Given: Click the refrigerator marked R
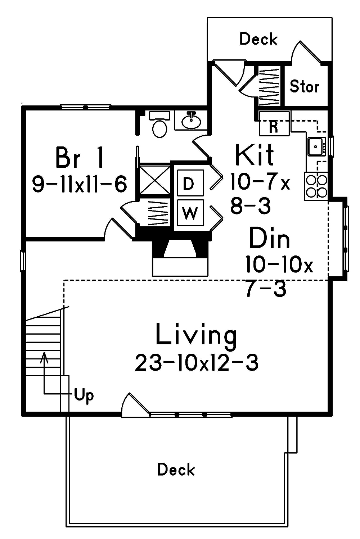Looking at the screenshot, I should pos(274,123).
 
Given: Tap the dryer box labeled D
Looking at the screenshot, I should pos(190,184).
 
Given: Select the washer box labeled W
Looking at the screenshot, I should pos(190,213).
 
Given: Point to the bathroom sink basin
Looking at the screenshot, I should pos(191,121).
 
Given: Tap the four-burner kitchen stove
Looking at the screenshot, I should pos(316,186).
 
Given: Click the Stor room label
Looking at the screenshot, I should pos(305,87).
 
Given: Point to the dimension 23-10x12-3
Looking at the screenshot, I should pos(197,363).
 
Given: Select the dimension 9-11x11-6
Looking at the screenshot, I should pos(80,184).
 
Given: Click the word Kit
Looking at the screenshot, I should pos(254,155).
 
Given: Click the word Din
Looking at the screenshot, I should pos(269,238).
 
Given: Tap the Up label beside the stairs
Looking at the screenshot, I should pos(84,395).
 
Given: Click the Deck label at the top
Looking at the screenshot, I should pos(258,39).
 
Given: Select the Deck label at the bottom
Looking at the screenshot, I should pos(176,470).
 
